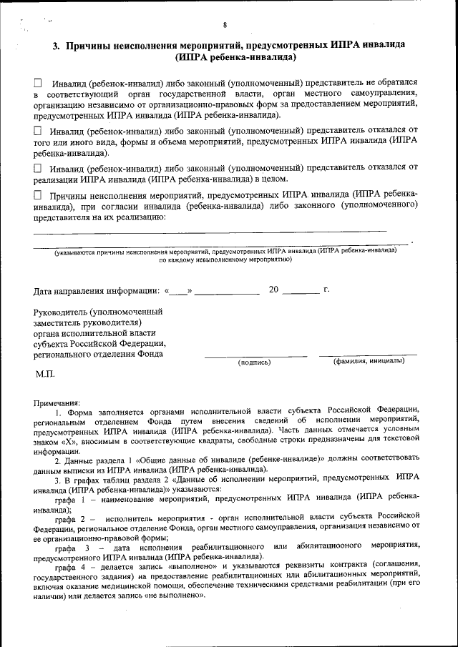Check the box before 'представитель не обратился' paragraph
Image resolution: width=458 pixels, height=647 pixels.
(38, 83)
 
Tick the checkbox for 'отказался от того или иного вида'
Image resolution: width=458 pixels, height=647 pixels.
(38, 131)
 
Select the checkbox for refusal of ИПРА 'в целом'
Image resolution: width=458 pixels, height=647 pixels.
(38, 167)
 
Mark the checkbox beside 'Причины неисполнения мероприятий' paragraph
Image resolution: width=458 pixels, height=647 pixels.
(38, 194)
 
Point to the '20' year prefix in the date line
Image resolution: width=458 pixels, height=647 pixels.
(274, 290)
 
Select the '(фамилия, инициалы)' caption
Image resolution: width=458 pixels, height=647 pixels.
(369, 361)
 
